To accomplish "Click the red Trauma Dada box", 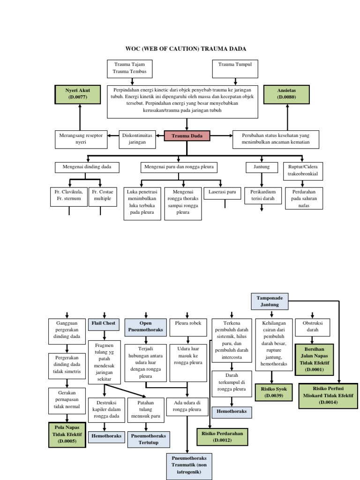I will (187, 136).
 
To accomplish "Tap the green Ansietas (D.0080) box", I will (287, 93).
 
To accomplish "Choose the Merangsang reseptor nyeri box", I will (81, 139).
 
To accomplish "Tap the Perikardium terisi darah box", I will (262, 195).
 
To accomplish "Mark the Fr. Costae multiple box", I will (102, 195).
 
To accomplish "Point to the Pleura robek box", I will (187, 323).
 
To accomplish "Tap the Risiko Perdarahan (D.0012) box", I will (223, 437).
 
